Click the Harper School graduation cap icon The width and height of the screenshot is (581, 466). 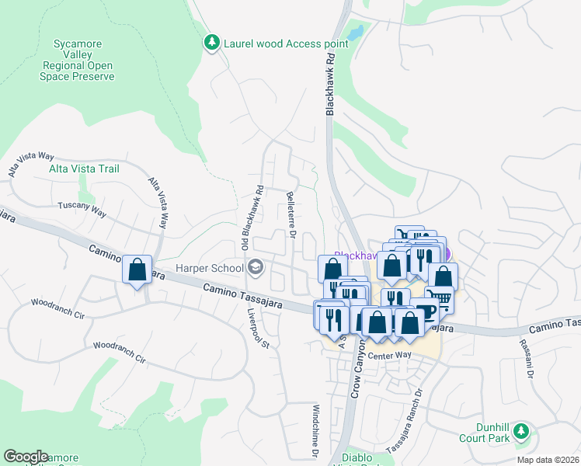click(255, 269)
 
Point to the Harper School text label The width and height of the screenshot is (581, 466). click(209, 269)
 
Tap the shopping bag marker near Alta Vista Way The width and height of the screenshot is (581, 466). click(137, 270)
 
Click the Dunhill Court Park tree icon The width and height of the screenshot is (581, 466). click(523, 432)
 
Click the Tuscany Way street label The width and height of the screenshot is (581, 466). click(82, 209)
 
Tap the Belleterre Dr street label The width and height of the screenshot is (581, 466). click(291, 214)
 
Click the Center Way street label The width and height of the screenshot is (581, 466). click(389, 356)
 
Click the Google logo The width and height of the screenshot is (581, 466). click(26, 457)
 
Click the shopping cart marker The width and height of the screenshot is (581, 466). click(440, 298)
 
